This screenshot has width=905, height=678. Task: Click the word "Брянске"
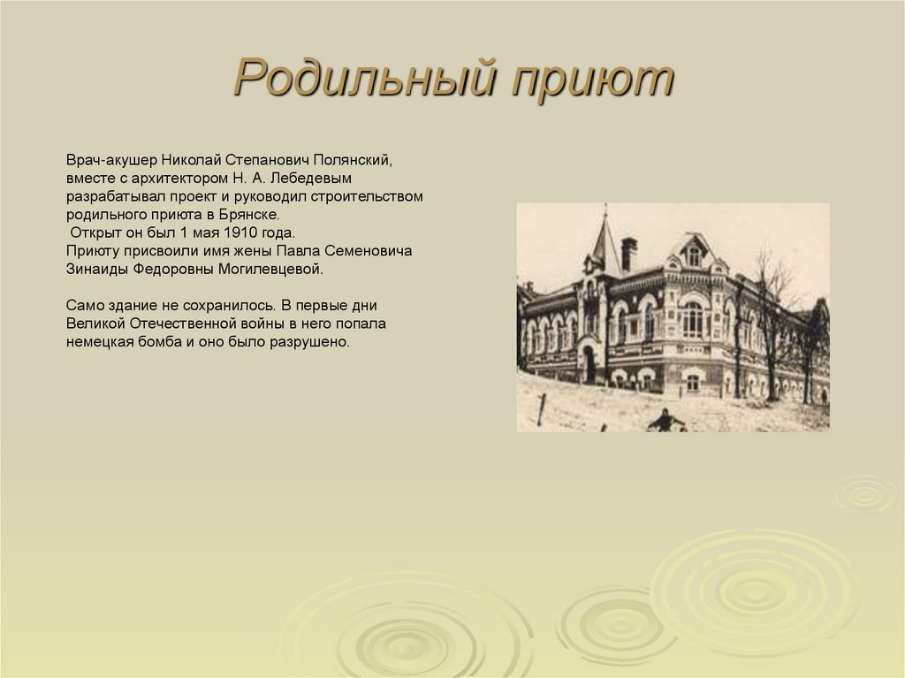[253, 215]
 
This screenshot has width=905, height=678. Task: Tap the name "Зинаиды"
[95, 269]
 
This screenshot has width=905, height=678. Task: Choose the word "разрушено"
[314, 341]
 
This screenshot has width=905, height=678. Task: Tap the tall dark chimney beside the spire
[628, 254]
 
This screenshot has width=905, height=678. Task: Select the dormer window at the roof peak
[694, 256]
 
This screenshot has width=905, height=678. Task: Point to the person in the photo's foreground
[666, 421]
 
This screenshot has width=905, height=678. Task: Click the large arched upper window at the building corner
[693, 319]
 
